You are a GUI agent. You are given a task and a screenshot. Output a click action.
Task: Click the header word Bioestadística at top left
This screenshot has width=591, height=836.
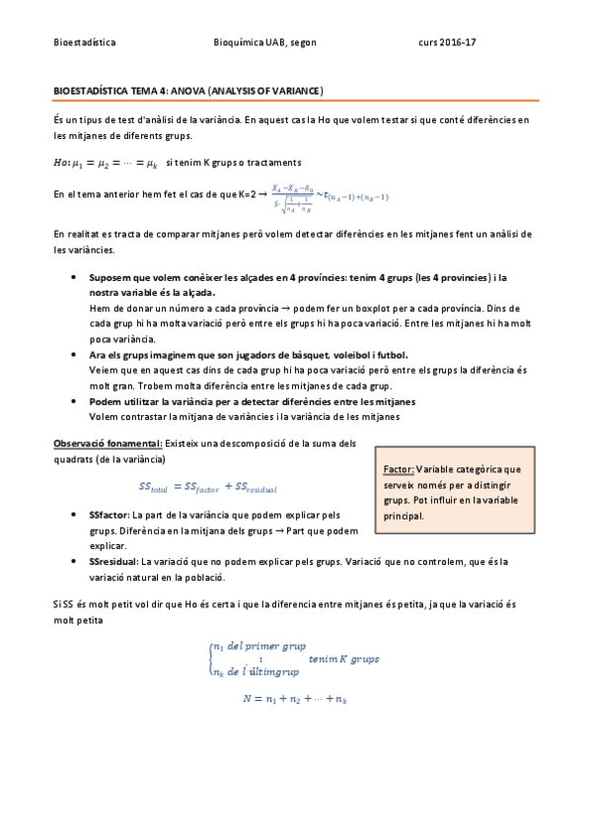pyautogui.click(x=84, y=43)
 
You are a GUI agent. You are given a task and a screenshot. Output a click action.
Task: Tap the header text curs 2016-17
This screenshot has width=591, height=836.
pyautogui.click(x=447, y=43)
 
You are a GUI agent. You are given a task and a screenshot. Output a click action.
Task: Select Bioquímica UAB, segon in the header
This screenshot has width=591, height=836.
pyautogui.click(x=264, y=43)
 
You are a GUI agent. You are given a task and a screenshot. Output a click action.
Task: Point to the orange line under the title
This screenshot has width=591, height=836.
pyautogui.click(x=295, y=101)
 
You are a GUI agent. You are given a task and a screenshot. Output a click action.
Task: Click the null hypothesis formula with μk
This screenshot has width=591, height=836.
pyautogui.click(x=105, y=162)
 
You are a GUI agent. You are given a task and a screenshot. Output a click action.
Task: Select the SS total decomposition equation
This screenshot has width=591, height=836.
pyautogui.click(x=208, y=487)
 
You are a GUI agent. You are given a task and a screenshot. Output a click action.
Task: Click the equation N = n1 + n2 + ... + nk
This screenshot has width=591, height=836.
pyautogui.click(x=296, y=698)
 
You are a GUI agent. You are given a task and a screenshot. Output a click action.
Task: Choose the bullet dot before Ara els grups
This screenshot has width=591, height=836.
pyautogui.click(x=76, y=353)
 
